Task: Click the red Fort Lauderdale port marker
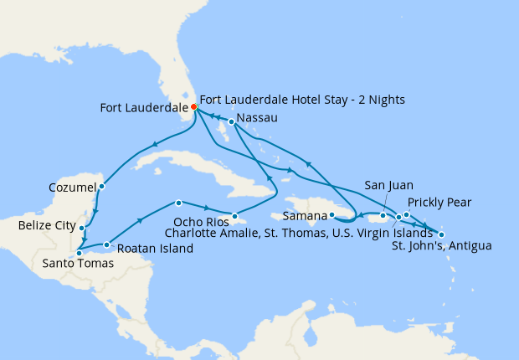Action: point(193,107)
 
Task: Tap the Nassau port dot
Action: point(231,122)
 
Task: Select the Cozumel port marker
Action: point(101,187)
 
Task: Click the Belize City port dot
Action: point(81,227)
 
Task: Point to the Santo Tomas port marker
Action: point(78,252)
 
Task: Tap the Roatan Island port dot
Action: point(106,244)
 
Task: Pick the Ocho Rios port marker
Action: point(235,216)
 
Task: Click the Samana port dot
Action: point(331,215)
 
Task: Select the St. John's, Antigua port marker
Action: point(441,234)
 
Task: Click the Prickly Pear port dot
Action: point(406,214)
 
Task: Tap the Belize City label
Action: point(46,226)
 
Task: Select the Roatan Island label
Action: point(156,249)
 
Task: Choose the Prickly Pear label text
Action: point(439,203)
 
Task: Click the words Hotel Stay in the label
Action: point(314,100)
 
